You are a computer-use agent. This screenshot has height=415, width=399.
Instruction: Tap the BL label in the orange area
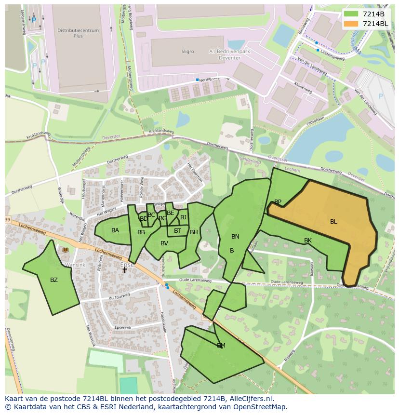[x=333, y=222]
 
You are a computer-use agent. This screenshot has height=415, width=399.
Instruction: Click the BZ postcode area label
[x=54, y=280]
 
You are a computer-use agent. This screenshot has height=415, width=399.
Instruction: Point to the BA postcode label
[x=115, y=230]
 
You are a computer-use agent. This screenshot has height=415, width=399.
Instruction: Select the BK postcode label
[x=308, y=241]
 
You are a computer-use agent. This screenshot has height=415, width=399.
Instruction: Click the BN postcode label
[x=235, y=237]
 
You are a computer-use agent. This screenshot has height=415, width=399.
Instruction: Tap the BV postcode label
[x=164, y=243]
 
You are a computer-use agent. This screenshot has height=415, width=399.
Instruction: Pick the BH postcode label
[x=194, y=232]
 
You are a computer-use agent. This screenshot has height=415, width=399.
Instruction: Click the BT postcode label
[x=178, y=231]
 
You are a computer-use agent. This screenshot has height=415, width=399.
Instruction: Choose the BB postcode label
[x=141, y=232]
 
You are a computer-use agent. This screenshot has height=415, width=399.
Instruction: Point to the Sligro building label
[x=187, y=52]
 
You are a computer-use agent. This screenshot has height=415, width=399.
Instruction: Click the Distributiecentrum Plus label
[x=78, y=33]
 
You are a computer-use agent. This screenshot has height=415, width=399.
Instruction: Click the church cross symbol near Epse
[x=124, y=270]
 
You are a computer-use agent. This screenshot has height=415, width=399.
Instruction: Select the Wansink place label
[x=75, y=265]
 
